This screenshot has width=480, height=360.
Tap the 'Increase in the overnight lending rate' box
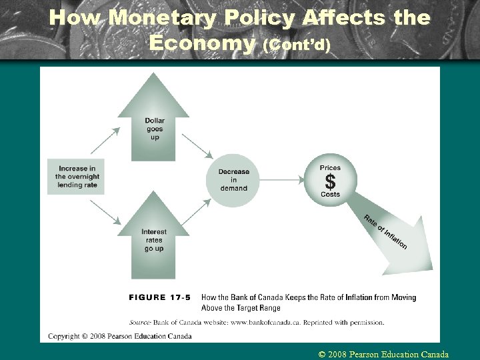[76, 177]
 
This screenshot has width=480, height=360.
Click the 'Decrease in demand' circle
[233, 180]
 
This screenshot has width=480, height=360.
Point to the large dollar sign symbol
[330, 181]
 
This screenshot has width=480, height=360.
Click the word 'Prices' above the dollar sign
[330, 168]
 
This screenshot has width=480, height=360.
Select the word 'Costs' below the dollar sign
[330, 195]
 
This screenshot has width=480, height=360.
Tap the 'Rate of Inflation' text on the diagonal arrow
[385, 232]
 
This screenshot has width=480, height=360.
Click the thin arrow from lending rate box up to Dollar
[105, 141]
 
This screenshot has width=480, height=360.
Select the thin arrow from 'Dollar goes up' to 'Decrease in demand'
[197, 146]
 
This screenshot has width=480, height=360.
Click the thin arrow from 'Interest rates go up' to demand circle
[197, 212]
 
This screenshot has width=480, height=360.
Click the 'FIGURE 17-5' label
[160, 297]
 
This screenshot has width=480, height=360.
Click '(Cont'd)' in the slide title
[297, 45]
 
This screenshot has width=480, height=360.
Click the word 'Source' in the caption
[142, 322]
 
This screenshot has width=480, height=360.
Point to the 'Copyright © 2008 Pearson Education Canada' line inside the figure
[120, 336]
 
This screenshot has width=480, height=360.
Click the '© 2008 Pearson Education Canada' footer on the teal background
[383, 355]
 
